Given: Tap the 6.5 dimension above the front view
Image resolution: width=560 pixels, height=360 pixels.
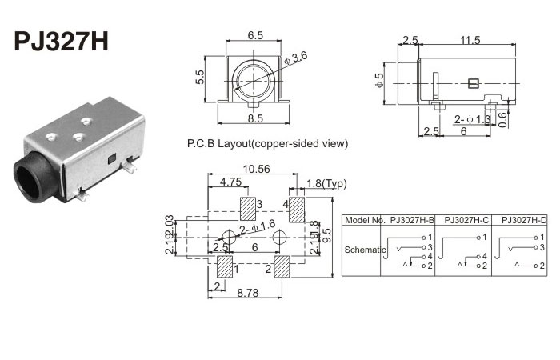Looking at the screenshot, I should coord(255,36).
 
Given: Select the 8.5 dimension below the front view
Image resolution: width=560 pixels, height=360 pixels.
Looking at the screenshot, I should coord(255,119).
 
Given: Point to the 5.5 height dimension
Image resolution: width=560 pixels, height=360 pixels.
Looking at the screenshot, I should coord(200,77).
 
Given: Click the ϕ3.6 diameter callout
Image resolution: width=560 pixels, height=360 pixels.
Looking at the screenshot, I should coord(298,56).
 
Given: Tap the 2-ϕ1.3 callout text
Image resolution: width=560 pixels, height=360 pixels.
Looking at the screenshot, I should coord(473,119).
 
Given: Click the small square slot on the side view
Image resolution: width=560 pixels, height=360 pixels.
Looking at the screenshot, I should coord(473,82).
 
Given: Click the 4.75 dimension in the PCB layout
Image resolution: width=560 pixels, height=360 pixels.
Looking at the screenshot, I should coord(231,182).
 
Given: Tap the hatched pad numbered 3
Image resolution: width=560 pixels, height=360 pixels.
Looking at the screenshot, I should coord(249,209).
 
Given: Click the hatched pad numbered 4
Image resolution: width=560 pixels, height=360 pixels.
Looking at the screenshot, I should coord(296,210).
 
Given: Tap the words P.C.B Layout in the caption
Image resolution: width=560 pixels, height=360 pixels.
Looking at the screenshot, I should coord(216,144).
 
